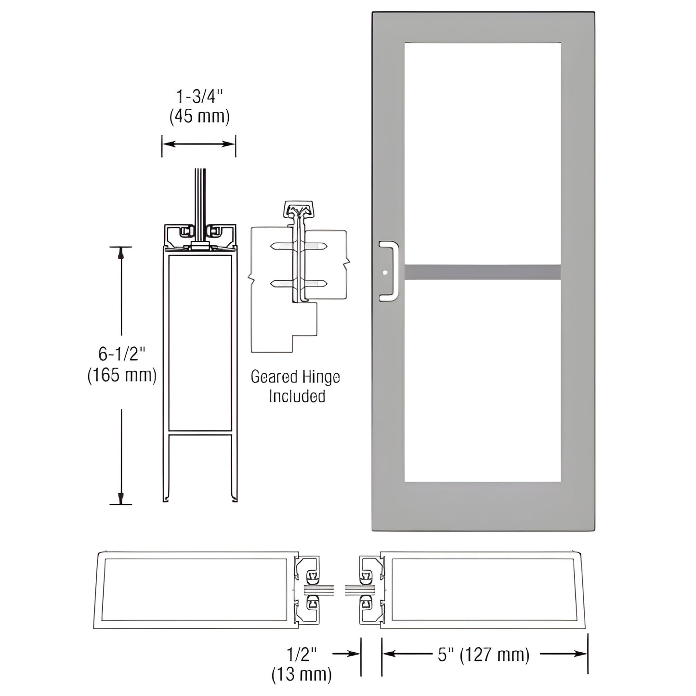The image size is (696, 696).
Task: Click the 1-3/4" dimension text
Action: pyautogui.click(x=199, y=97)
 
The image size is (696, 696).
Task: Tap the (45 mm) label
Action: pyautogui.click(x=199, y=117)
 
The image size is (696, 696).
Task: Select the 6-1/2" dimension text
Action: pyautogui.click(x=121, y=355)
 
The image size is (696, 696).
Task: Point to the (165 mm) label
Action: pyautogui.click(x=122, y=375)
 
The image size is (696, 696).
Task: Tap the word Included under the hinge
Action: pyautogui.click(x=297, y=396)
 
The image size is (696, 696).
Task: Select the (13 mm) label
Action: pyautogui.click(x=302, y=674)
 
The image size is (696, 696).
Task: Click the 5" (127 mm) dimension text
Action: pyautogui.click(x=484, y=655)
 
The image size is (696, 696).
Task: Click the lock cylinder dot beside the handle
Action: pyautogui.click(x=384, y=273)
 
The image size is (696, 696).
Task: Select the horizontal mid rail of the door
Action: pyautogui.click(x=483, y=272)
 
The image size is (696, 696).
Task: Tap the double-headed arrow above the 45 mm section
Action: pyautogui.click(x=198, y=144)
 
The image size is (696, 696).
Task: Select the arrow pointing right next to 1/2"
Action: pyautogui.click(x=347, y=654)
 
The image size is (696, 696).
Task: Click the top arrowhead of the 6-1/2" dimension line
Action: pyautogui.click(x=121, y=252)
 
